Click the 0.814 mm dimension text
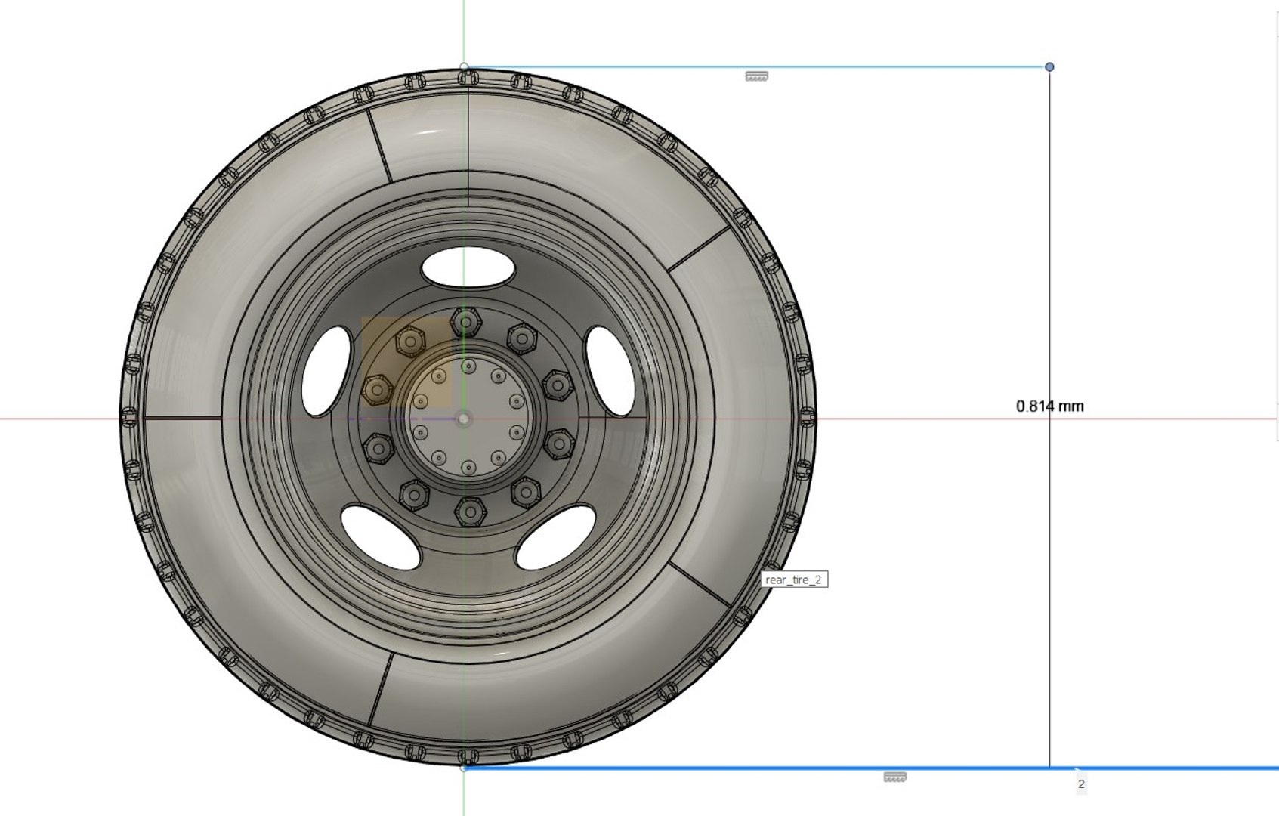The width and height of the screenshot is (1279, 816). click(x=1049, y=406)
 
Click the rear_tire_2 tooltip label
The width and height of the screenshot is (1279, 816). click(x=793, y=580)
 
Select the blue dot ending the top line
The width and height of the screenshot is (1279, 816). click(x=1049, y=67)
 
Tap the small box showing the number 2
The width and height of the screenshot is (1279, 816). click(x=1081, y=784)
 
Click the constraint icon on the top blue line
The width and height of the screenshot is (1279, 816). click(x=756, y=76)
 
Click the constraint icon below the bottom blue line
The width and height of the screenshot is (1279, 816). click(x=894, y=777)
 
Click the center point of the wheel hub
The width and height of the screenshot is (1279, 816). click(x=464, y=418)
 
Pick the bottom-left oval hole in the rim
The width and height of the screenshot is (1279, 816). click(x=380, y=537)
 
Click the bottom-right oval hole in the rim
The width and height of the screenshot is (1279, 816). click(x=555, y=537)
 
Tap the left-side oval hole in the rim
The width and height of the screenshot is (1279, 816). click(x=326, y=370)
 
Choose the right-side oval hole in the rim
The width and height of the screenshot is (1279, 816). click(x=610, y=370)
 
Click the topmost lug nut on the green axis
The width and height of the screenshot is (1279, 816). click(x=465, y=323)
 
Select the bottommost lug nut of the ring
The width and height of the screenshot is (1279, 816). click(x=470, y=512)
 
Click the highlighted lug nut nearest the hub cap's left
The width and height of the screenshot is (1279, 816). click(x=376, y=390)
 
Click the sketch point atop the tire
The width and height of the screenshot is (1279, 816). click(x=464, y=67)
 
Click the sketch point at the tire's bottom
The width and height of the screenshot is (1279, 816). click(x=464, y=768)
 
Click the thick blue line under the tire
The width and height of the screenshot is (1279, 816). click(x=755, y=768)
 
